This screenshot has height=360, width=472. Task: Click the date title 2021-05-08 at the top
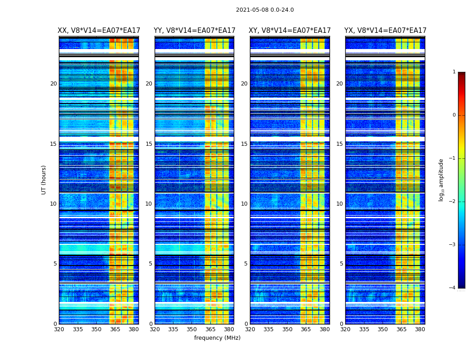click(x=265, y=10)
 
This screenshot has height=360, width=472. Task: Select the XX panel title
click(x=99, y=31)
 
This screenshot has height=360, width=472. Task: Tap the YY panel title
click(x=194, y=31)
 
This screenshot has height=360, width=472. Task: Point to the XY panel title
click(x=290, y=31)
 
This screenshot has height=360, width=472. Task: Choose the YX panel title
click(x=385, y=31)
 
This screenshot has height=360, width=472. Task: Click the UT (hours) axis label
click(x=44, y=180)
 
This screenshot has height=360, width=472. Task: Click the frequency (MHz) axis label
click(x=217, y=338)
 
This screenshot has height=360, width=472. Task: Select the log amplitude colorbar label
click(x=441, y=180)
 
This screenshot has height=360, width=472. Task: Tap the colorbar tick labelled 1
click(x=454, y=72)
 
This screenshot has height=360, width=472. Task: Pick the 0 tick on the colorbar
click(x=454, y=115)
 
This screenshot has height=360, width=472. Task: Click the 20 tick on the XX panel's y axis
click(x=53, y=84)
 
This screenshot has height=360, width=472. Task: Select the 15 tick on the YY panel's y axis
click(x=149, y=144)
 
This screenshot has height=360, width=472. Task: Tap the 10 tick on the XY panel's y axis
click(x=244, y=204)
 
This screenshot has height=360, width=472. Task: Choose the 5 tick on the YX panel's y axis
click(x=341, y=264)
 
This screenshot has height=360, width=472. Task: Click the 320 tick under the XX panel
click(x=59, y=329)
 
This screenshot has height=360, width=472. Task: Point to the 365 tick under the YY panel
click(x=210, y=329)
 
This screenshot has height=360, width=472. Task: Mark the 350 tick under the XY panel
click(x=287, y=329)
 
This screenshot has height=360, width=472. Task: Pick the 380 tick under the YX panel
click(x=420, y=329)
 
